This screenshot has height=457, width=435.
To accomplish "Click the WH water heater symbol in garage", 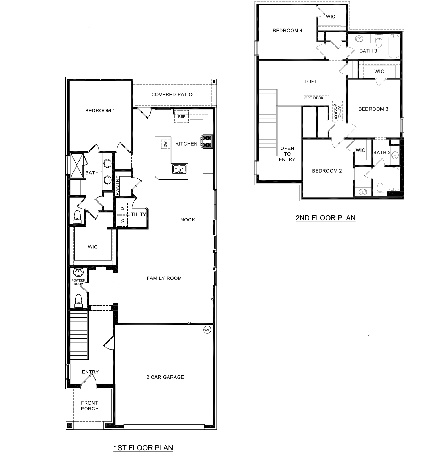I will [x=207, y=330].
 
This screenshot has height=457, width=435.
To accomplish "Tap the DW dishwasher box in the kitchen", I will [x=165, y=144].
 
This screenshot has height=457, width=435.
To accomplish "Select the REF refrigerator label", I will [x=181, y=116].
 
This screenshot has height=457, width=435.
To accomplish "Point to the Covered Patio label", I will [x=172, y=94].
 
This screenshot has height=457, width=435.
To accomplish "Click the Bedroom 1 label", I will [x=100, y=111].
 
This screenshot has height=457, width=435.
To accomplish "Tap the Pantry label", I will [x=117, y=186].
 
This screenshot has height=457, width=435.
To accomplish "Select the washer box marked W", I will [x=122, y=221].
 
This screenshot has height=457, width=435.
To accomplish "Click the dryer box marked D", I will [x=122, y=208].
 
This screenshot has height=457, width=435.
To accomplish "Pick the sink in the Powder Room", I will [x=78, y=273].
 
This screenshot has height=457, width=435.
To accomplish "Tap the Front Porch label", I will [x=89, y=406].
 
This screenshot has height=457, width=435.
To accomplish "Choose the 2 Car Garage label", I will [x=165, y=377].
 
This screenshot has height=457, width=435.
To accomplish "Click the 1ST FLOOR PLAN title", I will [x=143, y=448].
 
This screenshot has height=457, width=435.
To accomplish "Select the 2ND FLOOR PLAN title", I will [x=326, y=218].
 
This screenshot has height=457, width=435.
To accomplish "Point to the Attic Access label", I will [x=337, y=111].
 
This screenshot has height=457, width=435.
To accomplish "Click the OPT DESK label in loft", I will [x=314, y=98].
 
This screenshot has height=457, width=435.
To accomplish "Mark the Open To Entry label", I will [x=287, y=154].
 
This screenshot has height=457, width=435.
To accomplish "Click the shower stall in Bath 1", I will [x=77, y=165].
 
